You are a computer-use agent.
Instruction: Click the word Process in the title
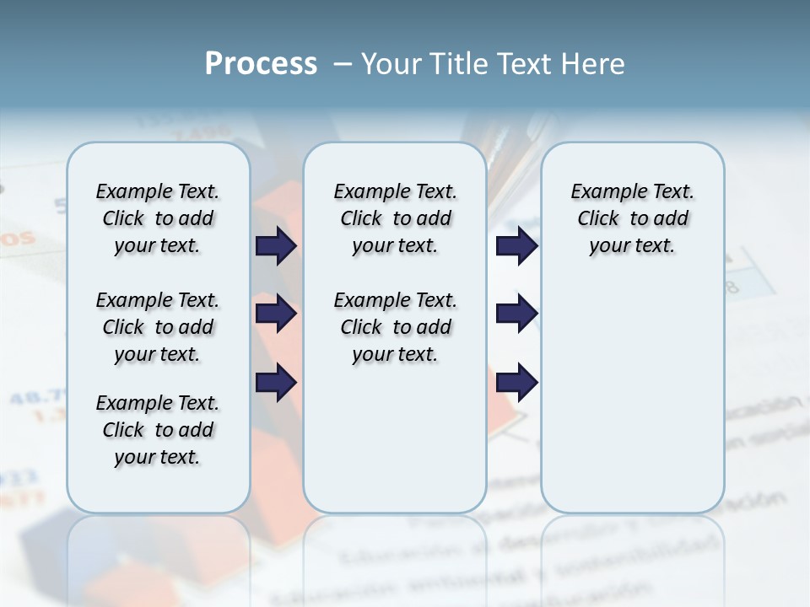261,63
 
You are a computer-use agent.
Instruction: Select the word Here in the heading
595,64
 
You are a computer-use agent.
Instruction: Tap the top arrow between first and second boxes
276,246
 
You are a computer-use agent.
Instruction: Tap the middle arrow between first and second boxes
276,314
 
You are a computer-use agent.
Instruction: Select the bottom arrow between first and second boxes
276,383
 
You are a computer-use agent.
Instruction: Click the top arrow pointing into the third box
516,246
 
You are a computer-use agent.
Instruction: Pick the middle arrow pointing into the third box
516,314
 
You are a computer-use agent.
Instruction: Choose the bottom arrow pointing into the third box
516,383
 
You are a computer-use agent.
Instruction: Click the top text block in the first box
158,218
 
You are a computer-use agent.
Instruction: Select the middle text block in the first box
158,327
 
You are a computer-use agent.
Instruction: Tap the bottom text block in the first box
158,430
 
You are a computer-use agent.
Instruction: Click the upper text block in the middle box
395,218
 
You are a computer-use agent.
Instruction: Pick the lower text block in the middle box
395,327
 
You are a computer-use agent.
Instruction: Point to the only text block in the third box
632,218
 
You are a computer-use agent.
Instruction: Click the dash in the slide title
343,64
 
